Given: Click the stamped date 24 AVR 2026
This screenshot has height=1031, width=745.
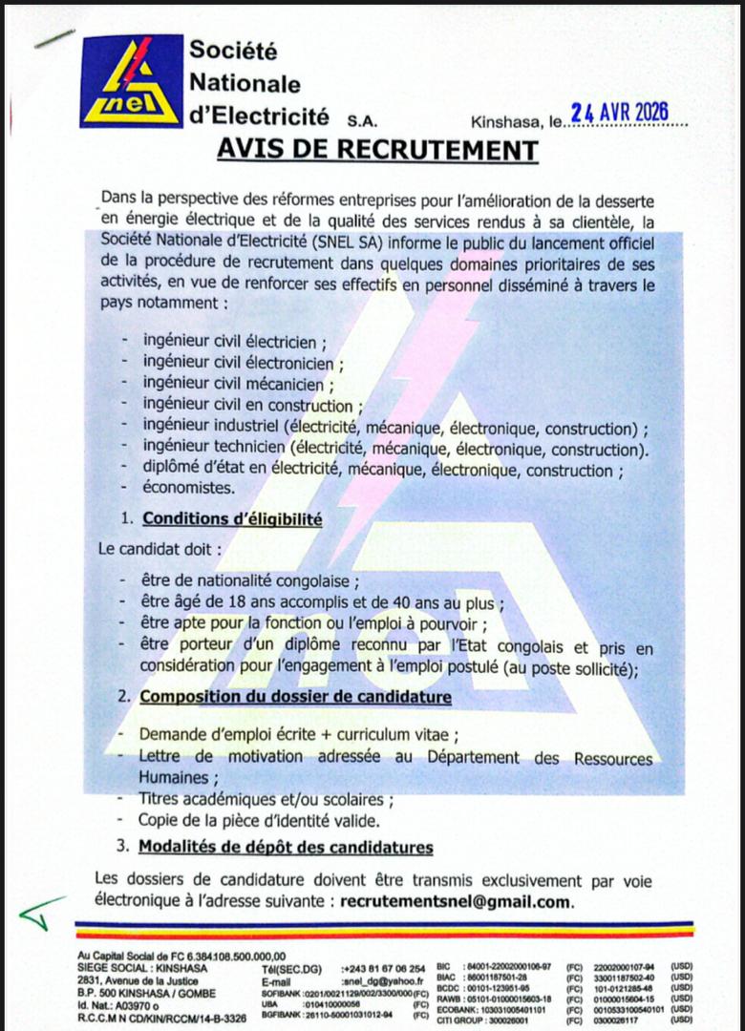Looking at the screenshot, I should tap(619, 113).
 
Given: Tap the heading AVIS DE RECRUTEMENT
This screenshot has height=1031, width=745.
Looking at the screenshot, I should tap(377, 150).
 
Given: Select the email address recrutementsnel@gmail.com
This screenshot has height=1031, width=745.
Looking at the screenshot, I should tap(457, 901).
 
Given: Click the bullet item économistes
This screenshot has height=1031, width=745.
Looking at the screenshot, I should tap(188, 488).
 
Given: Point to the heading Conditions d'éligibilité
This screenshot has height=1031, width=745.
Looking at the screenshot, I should tap(232, 519).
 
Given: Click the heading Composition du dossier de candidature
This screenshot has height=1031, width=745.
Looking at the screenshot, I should tap(295, 697).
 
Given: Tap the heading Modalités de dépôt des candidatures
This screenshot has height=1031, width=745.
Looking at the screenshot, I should tap(286, 847).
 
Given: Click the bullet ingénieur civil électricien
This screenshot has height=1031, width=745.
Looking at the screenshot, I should tap(234, 341).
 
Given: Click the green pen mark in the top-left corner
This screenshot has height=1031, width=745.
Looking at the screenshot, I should tap(53, 38).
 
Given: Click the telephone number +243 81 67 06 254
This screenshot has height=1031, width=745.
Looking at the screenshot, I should tap(383, 967).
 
